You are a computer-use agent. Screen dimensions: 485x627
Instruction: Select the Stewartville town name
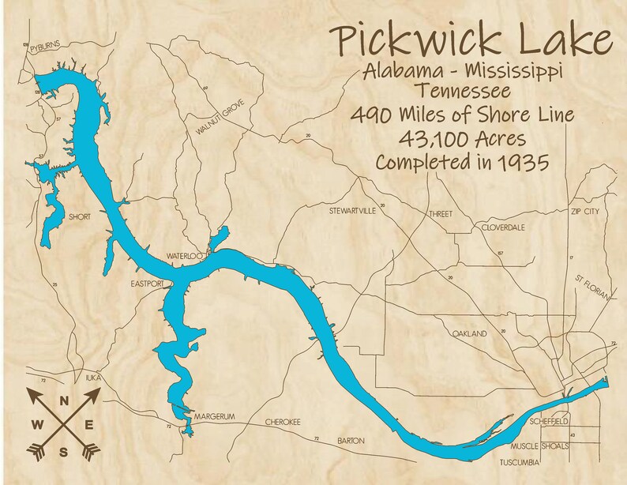[x=353, y=212]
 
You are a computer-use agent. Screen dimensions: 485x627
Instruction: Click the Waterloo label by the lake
[x=185, y=257]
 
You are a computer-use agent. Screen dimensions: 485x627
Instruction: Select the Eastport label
[x=148, y=281]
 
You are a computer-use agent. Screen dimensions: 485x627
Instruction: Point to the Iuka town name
[x=93, y=378]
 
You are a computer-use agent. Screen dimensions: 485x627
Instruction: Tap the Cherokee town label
[x=283, y=422]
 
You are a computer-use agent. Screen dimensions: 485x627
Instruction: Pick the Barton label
[x=352, y=440]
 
